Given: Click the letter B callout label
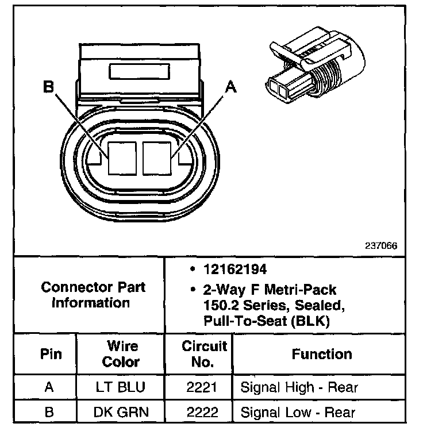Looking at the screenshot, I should (49, 87).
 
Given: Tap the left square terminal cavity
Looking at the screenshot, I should (121, 157).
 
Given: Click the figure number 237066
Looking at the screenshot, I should (381, 245).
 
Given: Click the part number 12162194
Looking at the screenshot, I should (228, 269).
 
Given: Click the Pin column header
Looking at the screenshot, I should (49, 355).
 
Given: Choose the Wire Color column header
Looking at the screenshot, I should (121, 355).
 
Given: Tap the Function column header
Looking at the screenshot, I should (322, 355).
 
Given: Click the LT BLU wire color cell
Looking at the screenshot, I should (121, 387).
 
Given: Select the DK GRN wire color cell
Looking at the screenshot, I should (121, 412).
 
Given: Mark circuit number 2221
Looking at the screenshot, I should (198, 387).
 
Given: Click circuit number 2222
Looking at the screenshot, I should (198, 412).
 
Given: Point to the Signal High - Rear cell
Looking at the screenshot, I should (299, 387).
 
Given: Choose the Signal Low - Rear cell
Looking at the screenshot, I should (298, 412).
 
